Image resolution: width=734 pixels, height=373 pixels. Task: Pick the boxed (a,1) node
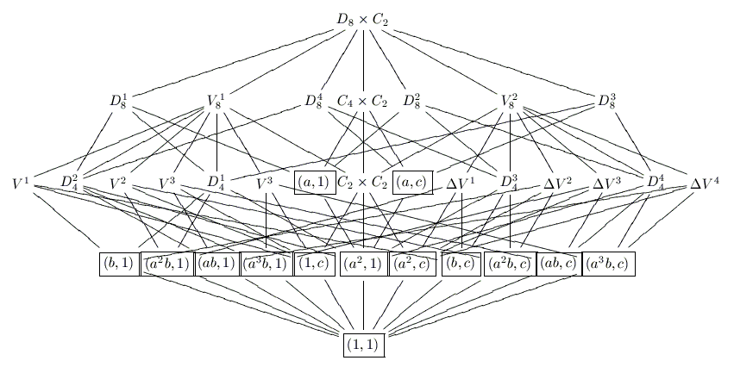(313, 183)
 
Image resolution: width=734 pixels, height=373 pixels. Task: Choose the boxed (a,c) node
(411, 183)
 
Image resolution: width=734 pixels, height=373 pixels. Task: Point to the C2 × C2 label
(362, 183)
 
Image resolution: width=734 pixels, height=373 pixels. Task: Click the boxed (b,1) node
(118, 263)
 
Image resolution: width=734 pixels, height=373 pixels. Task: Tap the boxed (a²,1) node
(362, 263)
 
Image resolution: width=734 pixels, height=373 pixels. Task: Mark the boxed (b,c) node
(461, 263)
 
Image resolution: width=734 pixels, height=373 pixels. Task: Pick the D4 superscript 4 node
(657, 183)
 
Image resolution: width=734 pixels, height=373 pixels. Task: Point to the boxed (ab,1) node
(216, 263)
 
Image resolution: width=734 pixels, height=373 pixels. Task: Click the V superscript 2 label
(119, 183)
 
